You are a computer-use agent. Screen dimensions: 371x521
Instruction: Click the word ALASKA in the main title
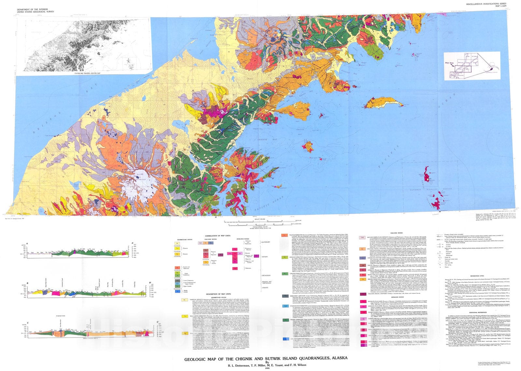[338, 358]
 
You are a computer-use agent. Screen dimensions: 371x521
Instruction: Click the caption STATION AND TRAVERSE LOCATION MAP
[84, 74]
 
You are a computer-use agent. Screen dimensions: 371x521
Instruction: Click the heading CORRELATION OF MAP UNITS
[218, 235]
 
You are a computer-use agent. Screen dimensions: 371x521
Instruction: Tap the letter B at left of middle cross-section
[27, 283]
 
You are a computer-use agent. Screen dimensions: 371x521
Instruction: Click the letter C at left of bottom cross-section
[28, 323]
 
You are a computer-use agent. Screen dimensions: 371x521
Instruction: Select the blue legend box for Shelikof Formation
[285, 339]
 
